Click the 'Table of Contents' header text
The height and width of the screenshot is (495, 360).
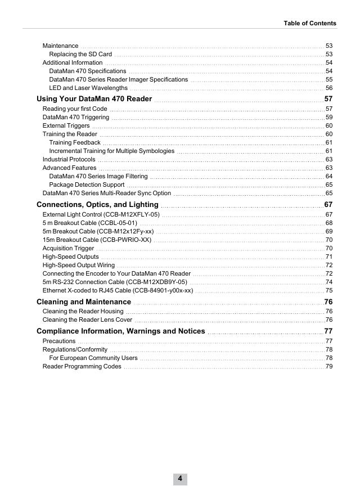(310, 23)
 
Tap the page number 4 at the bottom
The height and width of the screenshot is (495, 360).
(180, 479)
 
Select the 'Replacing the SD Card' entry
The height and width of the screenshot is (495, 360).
(80, 54)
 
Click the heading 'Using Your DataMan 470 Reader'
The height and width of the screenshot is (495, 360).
(94, 99)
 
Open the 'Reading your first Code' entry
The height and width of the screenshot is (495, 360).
(75, 109)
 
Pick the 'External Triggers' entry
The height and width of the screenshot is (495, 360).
(66, 125)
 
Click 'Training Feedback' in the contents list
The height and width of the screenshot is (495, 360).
(75, 142)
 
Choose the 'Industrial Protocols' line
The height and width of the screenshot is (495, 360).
(69, 159)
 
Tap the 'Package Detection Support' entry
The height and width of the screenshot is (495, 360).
(87, 184)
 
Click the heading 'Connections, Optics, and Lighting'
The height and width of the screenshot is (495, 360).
(97, 205)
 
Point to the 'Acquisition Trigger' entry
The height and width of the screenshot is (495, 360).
(69, 248)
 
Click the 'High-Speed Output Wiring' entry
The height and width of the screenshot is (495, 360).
(79, 265)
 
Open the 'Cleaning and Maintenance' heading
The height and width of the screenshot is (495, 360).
(84, 302)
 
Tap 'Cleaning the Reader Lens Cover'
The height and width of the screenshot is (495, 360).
(88, 319)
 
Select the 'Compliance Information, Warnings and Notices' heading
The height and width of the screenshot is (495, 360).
(120, 331)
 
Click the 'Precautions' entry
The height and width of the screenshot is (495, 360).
(59, 341)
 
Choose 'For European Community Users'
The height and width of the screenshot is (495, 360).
(93, 358)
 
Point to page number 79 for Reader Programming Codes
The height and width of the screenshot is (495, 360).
(329, 367)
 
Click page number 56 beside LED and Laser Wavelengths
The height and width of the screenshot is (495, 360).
(329, 88)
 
